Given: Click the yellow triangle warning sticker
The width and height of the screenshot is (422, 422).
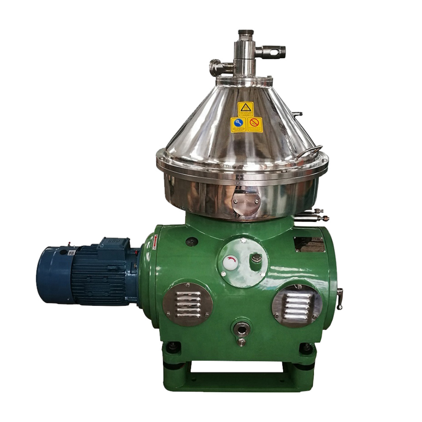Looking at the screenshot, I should point(244,109).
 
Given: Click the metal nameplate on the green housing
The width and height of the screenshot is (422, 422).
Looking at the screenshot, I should point(309,244).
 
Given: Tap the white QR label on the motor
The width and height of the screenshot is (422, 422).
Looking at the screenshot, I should point(71,253).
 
